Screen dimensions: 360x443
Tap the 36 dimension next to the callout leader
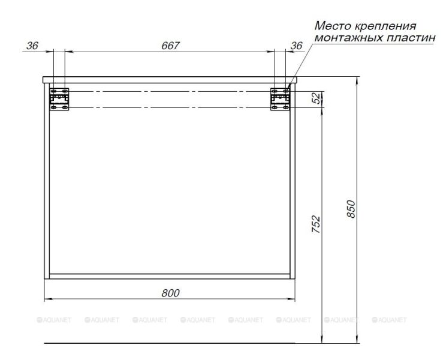(x=296, y=46)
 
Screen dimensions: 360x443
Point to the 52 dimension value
(x=317, y=100)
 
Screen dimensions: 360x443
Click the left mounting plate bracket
(x=59, y=100)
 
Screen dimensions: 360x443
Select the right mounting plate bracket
(x=280, y=100)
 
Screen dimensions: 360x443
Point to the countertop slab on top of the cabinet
(x=171, y=79)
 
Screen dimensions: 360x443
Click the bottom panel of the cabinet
(x=171, y=277)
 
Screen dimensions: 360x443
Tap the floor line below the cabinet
(x=171, y=344)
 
